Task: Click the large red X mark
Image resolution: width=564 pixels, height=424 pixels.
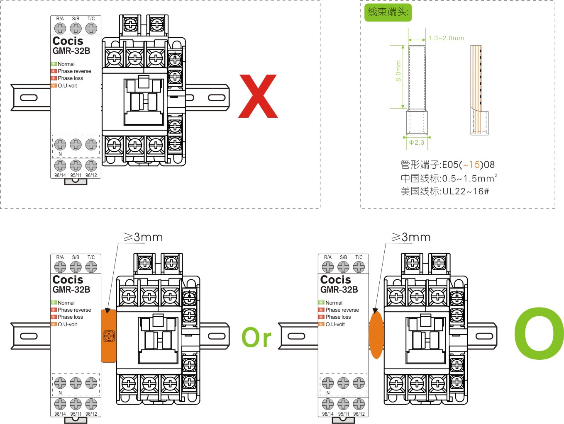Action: click(258, 96)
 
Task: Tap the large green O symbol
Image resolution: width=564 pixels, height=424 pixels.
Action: click(539, 333)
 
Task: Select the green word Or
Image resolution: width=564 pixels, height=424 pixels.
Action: click(256, 337)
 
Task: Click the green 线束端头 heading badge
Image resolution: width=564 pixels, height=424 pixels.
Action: click(388, 12)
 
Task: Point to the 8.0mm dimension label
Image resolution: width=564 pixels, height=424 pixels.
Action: click(398, 71)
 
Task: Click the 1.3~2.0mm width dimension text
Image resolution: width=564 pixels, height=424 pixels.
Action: click(446, 38)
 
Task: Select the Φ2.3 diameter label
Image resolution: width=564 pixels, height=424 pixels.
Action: click(417, 143)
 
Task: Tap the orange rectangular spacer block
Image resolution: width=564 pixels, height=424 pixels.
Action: click(109, 336)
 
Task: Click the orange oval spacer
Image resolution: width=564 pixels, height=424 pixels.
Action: click(376, 335)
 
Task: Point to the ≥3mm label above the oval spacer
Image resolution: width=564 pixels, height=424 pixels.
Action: click(411, 237)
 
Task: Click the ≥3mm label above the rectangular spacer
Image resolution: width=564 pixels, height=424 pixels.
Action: click(143, 237)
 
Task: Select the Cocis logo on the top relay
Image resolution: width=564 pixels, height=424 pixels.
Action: click(68, 41)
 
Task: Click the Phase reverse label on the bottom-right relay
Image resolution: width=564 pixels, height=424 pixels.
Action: click(342, 310)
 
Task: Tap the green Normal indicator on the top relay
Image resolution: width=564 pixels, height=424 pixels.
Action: click(54, 64)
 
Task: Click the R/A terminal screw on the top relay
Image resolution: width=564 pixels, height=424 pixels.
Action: click(60, 28)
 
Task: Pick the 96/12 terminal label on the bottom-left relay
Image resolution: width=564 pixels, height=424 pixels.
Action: click(91, 414)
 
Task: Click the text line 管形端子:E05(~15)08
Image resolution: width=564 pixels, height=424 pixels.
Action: click(447, 165)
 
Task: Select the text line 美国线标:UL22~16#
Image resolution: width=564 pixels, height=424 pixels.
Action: click(444, 191)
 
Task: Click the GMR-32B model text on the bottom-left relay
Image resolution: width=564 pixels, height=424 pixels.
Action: click(71, 290)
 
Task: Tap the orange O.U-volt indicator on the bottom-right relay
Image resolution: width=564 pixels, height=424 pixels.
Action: click(321, 324)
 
